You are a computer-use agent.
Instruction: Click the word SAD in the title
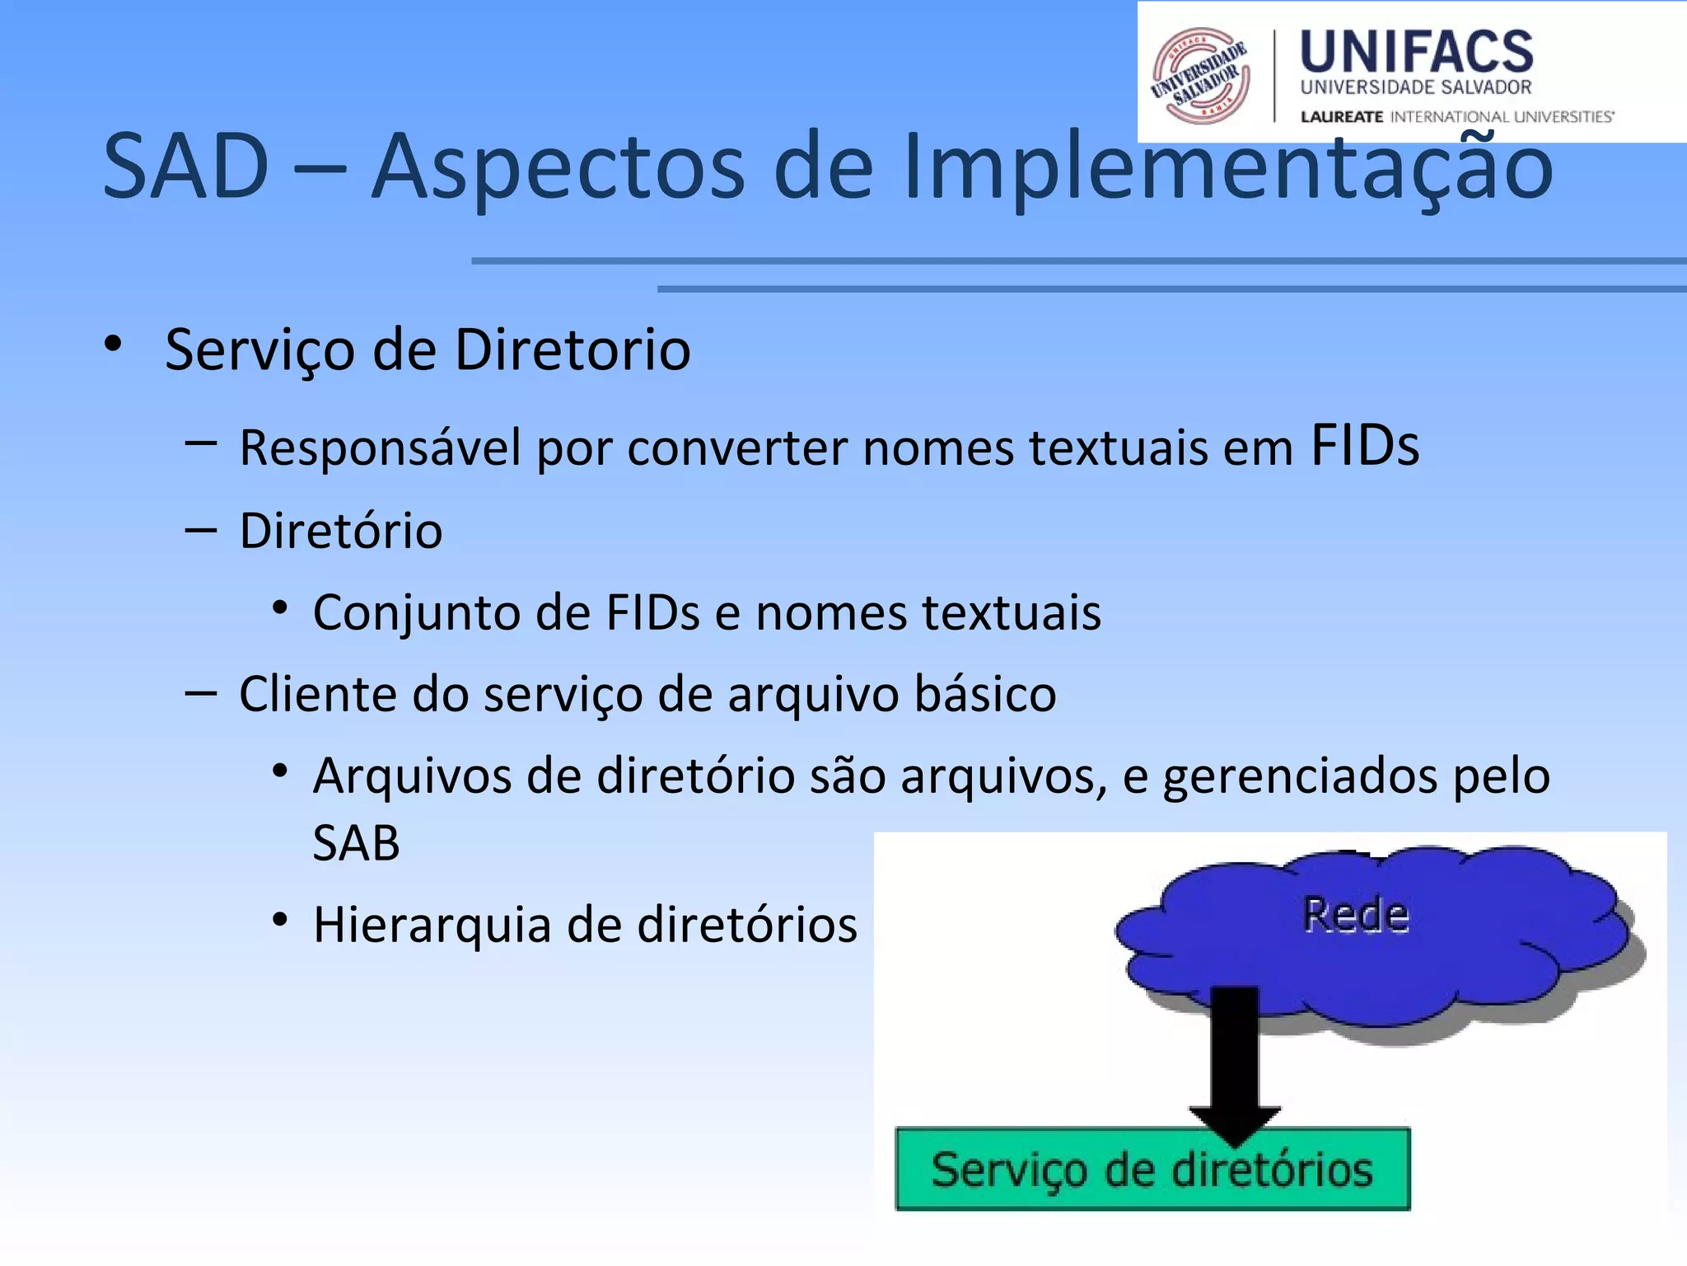pos(186,167)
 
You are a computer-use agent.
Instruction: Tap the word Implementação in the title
pos(1227,167)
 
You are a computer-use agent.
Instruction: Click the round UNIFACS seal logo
pos(1200,76)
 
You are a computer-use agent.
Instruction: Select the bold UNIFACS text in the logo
pos(1416,52)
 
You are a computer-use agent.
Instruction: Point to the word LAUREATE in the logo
pos(1341,117)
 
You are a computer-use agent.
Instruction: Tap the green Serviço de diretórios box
pos(1152,1170)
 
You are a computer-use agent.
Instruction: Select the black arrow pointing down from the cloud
pos(1234,1063)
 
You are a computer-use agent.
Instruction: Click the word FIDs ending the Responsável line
pos(1365,446)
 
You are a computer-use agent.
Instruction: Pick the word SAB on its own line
pos(356,843)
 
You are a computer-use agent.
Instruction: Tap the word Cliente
pos(317,694)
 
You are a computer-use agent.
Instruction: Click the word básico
pos(985,694)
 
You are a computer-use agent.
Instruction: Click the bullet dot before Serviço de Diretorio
pos(113,345)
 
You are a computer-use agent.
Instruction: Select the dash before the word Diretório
pos(200,529)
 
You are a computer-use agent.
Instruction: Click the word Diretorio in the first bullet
pos(572,350)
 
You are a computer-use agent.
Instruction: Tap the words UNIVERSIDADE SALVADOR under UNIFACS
pos(1415,87)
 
